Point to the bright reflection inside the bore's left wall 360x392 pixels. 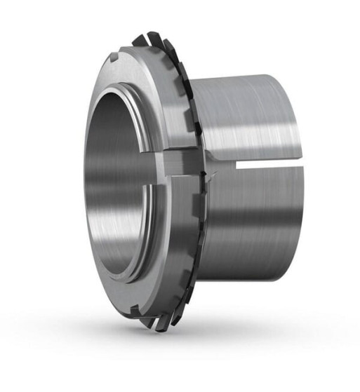pyautogui.click(x=95, y=182)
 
